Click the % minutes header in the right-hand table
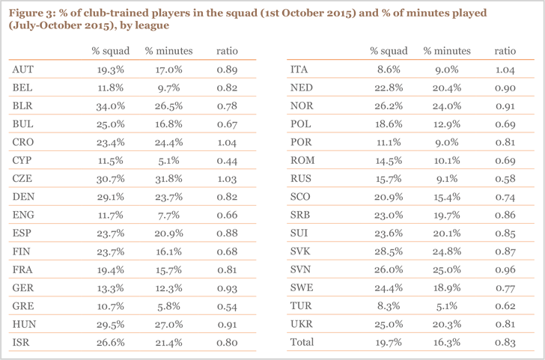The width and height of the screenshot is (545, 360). [447, 51]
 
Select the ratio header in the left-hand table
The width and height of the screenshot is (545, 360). [228, 51]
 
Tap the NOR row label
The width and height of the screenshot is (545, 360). [301, 106]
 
